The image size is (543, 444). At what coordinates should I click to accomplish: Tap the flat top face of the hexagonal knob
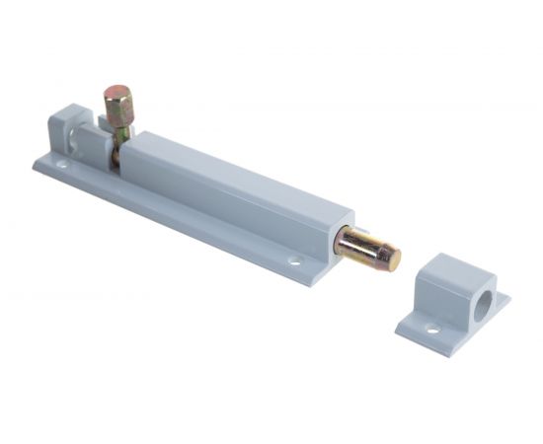(118, 93)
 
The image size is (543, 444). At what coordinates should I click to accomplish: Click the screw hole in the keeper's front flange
(431, 328)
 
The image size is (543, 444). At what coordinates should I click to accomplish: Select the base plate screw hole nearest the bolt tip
(294, 261)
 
